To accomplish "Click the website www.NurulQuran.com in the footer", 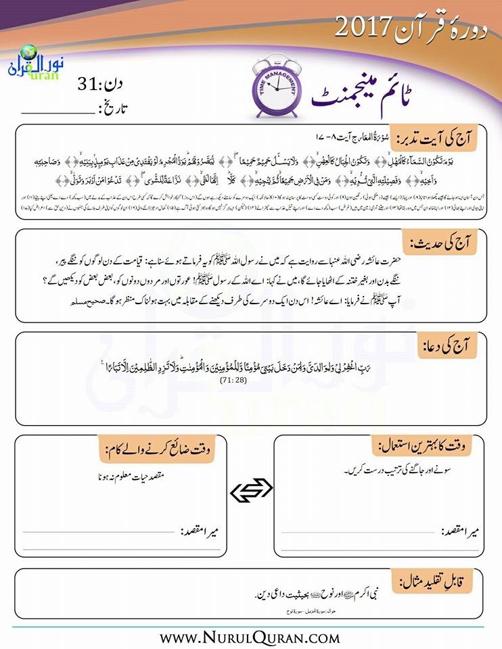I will click(x=250, y=636).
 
